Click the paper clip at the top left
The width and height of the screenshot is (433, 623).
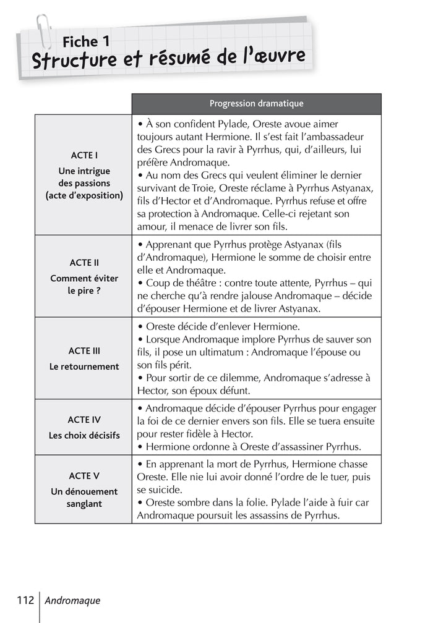click(x=43, y=31)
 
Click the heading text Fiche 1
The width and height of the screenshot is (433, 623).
click(x=86, y=42)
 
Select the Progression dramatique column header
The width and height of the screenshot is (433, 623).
click(x=256, y=104)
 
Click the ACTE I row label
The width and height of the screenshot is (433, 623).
click(x=84, y=155)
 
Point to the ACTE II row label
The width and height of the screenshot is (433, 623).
click(x=84, y=263)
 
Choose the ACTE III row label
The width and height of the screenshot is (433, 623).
click(x=84, y=351)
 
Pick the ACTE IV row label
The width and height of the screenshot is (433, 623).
click(x=84, y=420)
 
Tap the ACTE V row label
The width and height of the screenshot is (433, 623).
click(x=84, y=476)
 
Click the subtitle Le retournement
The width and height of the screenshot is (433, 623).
click(x=84, y=367)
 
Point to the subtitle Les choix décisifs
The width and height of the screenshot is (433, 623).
click(x=84, y=436)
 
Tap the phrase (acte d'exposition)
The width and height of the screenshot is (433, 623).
click(x=84, y=196)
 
